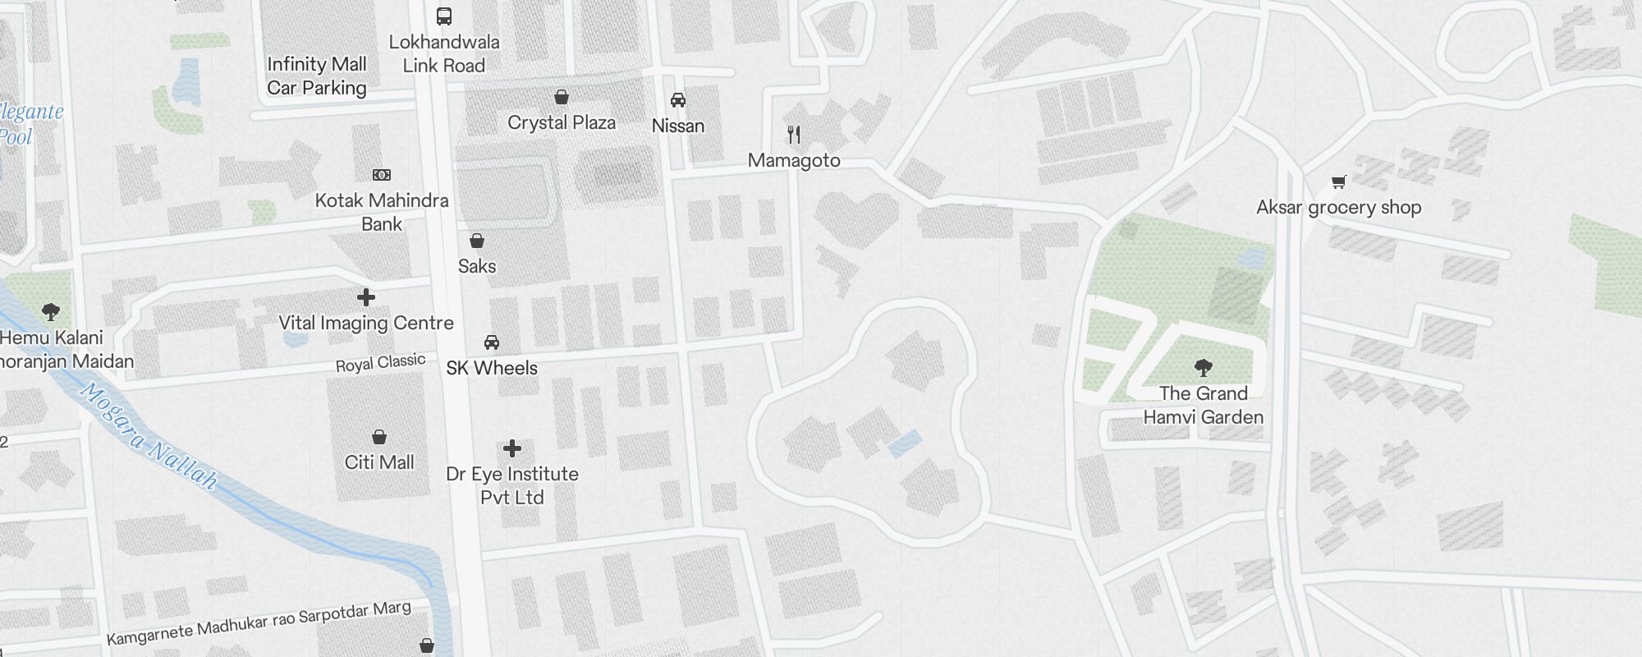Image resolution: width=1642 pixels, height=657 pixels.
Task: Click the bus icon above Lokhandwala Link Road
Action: [x=443, y=16]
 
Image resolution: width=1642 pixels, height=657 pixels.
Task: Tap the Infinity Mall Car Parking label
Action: [x=317, y=76]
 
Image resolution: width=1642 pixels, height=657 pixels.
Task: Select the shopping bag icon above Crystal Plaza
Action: [x=562, y=98]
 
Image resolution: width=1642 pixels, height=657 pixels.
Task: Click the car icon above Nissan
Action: [x=678, y=100]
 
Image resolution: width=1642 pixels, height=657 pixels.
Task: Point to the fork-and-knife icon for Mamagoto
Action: [x=794, y=135]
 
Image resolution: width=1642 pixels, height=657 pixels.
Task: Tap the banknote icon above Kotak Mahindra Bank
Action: [x=382, y=175]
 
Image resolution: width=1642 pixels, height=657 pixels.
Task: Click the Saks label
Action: [x=477, y=266]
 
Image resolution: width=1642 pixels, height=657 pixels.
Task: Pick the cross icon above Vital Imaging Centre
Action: [x=366, y=297]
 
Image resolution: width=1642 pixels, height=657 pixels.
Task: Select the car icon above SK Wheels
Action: [x=492, y=342]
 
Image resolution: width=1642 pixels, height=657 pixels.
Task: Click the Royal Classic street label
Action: [x=381, y=363]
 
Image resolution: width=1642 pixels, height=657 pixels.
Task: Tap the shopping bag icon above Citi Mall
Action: [x=379, y=437]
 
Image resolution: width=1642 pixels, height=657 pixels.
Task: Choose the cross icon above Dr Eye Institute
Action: [x=512, y=448]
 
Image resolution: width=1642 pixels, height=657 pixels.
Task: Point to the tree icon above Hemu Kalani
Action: [x=51, y=312]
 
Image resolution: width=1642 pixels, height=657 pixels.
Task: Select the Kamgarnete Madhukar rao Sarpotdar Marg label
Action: [x=259, y=623]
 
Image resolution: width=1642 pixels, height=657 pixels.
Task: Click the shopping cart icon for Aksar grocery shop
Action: [x=1338, y=182]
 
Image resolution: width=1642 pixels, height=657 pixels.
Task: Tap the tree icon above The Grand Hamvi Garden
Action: [x=1204, y=367]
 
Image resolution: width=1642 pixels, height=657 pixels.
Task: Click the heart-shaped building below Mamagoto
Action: [x=856, y=218]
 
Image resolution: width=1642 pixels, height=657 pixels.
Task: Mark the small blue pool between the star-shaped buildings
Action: [x=904, y=444]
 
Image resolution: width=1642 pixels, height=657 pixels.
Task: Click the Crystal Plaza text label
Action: [x=562, y=123]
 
